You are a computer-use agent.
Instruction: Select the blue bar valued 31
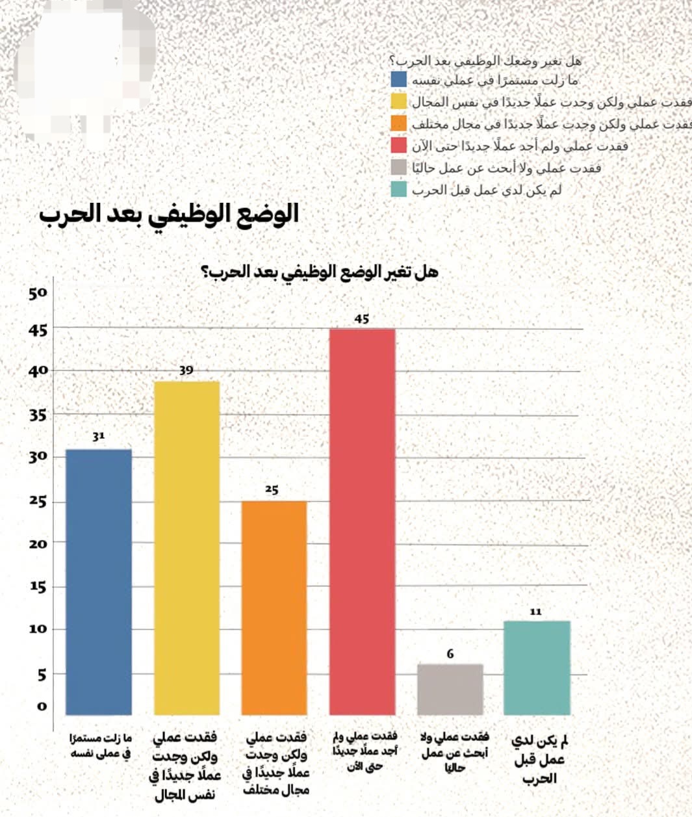coord(99,582)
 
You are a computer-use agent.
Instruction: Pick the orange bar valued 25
coord(274,608)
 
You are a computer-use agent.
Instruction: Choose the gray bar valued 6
coord(450,689)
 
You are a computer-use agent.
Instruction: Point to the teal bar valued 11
coord(537,668)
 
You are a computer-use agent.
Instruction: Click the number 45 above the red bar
coord(362,319)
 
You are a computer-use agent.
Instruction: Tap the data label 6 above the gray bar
coord(450,654)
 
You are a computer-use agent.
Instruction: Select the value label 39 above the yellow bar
coord(186,370)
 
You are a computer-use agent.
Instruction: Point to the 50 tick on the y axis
coord(38,293)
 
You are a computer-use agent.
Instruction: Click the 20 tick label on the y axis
coord(38,544)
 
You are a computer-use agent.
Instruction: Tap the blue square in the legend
coord(398,80)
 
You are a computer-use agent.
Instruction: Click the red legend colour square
coord(398,145)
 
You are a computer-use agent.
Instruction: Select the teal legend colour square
coord(398,189)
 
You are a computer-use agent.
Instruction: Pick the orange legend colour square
coord(398,123)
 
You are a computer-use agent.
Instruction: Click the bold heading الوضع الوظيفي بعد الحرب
coord(169,214)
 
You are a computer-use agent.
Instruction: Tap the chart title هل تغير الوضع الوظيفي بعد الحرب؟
coord(320,272)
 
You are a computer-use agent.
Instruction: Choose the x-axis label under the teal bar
coord(539,759)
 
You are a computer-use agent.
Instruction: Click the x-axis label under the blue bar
coord(100,746)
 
